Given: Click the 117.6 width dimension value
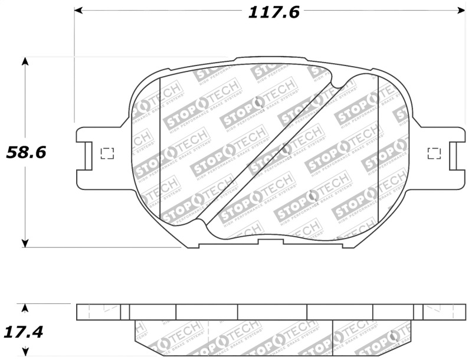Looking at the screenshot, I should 273,11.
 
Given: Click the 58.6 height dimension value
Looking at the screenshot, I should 25,153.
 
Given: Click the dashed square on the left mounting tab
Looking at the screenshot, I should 107,153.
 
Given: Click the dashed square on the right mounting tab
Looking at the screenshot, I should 434,153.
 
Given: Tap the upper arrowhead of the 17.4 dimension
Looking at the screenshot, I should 25,307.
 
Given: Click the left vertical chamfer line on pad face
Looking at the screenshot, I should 160,150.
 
